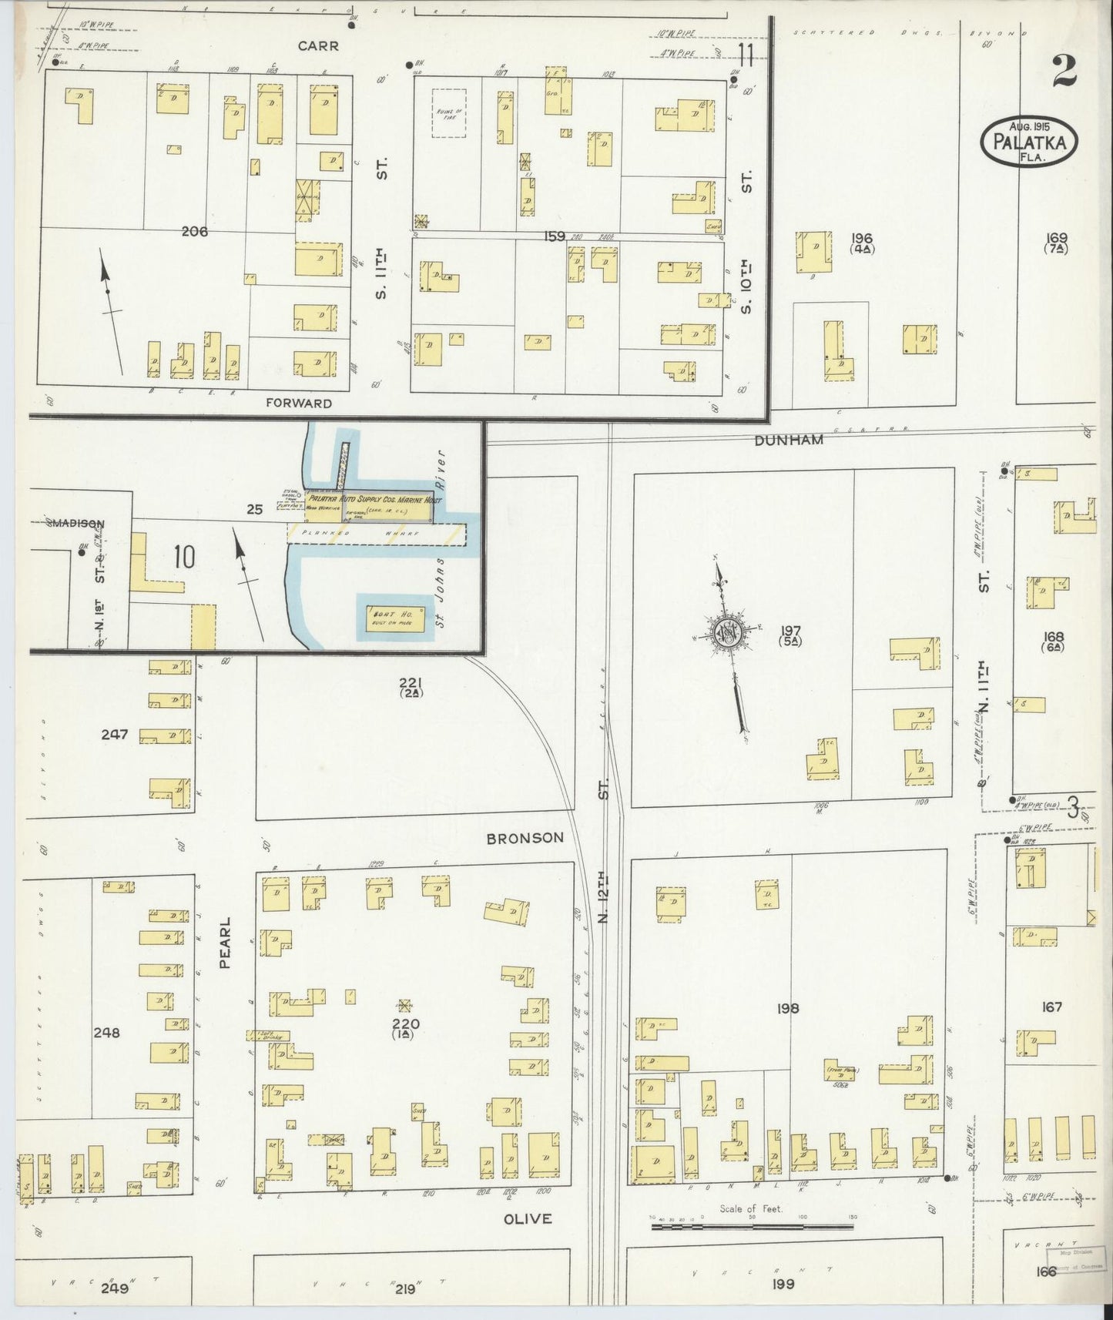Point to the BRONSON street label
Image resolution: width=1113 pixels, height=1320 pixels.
click(525, 837)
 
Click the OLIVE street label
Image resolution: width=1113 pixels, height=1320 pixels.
click(528, 1218)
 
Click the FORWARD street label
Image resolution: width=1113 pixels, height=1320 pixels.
click(299, 403)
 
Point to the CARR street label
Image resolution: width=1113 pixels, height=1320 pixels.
click(319, 45)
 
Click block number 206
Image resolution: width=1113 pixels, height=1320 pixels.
click(195, 230)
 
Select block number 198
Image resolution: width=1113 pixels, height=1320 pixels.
click(789, 1007)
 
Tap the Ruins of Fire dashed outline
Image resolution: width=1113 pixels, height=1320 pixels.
click(448, 113)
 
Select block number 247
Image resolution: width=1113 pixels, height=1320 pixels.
click(114, 735)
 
